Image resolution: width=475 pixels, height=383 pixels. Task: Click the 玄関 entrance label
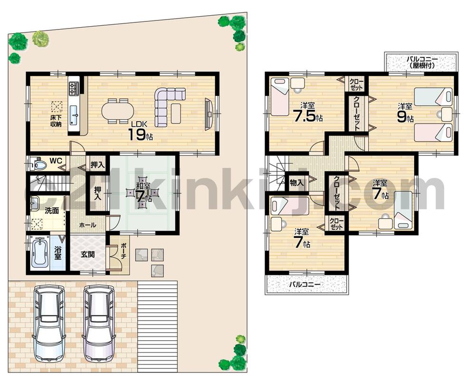point(87,255)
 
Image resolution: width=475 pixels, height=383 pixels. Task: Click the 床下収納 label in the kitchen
point(56,121)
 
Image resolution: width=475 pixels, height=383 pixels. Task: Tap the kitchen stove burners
point(74,88)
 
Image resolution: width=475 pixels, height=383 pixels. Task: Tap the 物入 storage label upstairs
point(296,182)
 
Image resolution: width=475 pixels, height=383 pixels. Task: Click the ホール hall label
point(87,225)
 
